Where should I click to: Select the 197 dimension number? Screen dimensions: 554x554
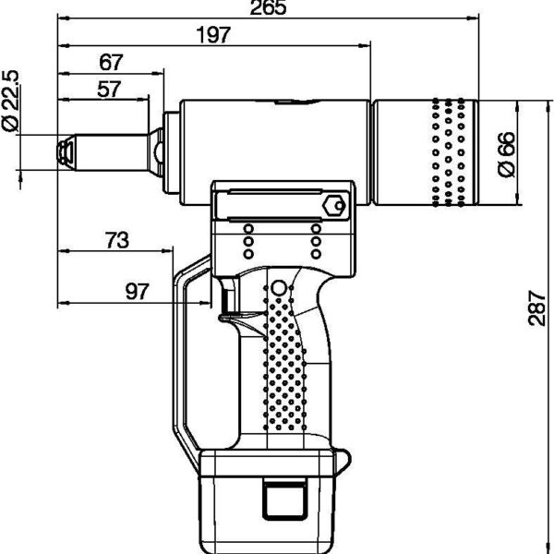(x=214, y=35)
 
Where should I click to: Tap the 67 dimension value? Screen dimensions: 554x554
(x=111, y=62)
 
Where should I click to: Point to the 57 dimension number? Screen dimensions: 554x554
(x=107, y=89)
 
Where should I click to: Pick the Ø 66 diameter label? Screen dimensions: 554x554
(x=506, y=155)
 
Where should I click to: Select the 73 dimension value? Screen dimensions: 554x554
(x=115, y=240)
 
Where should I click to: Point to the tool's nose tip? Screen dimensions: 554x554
(x=64, y=151)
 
